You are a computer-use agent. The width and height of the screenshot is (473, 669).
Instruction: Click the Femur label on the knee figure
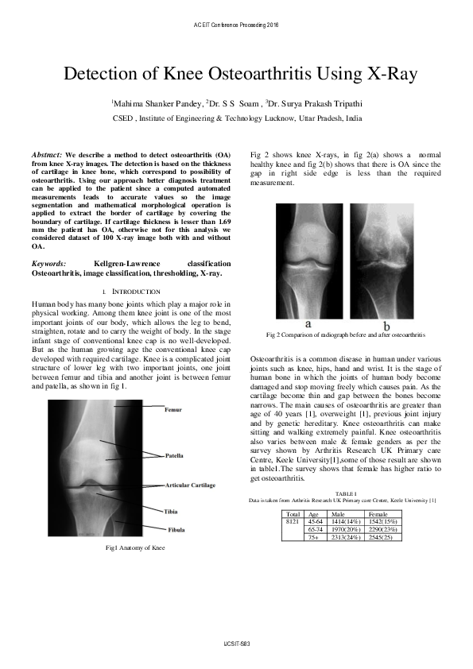click(173, 410)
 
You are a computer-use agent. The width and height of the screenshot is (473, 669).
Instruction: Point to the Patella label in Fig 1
click(174, 455)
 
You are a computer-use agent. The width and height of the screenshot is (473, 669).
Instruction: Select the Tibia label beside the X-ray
click(171, 511)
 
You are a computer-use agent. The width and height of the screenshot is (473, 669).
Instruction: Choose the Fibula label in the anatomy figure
click(177, 529)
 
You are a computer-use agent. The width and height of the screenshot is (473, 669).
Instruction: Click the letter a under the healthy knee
click(308, 324)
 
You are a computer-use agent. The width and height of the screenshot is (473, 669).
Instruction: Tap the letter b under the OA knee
click(386, 326)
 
